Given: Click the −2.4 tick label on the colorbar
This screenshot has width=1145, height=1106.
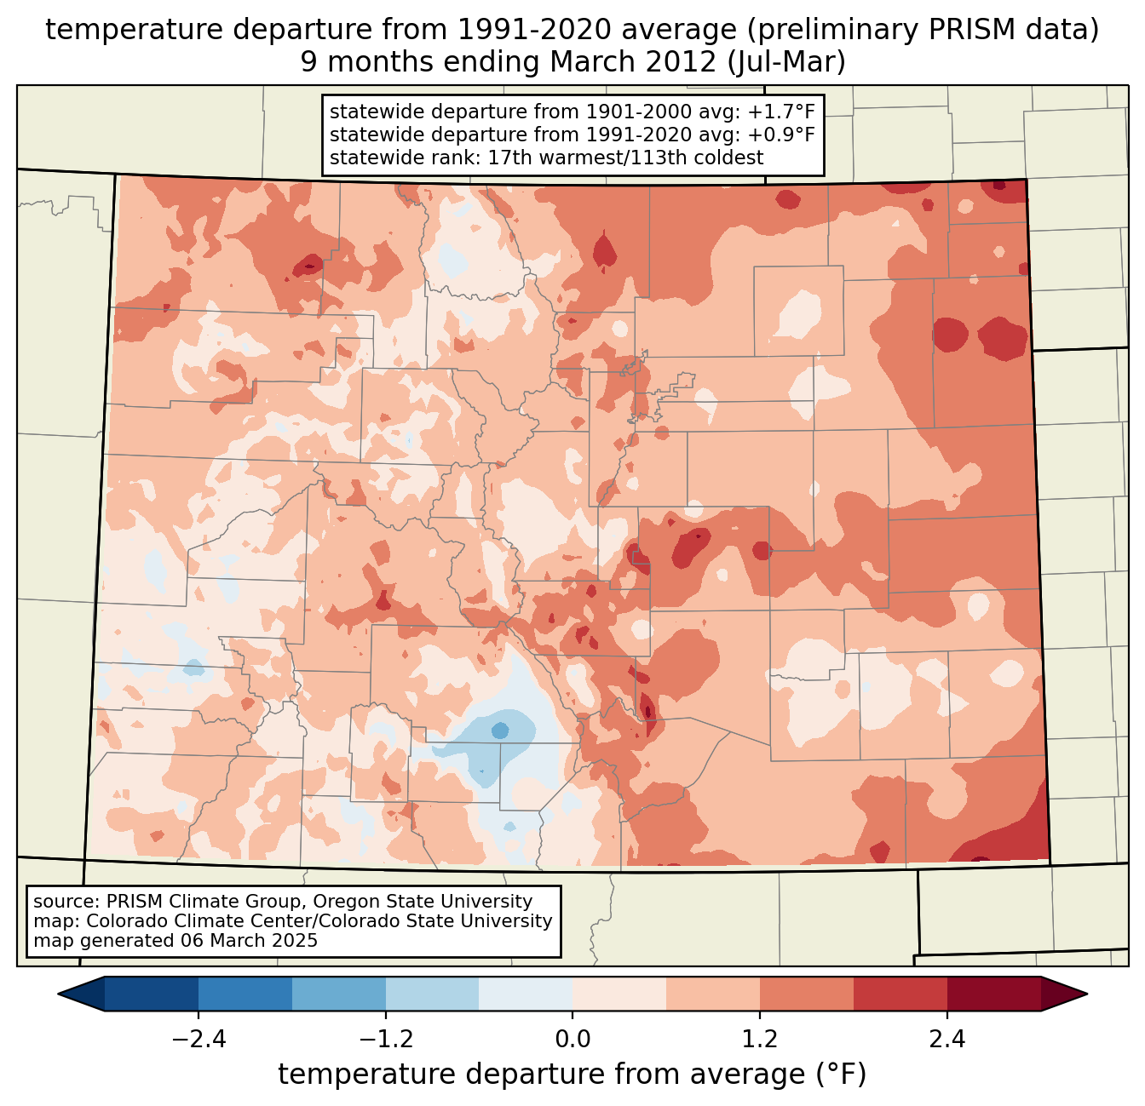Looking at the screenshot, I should coord(198,1040).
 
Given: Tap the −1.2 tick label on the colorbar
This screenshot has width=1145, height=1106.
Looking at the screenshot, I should coord(385,1040).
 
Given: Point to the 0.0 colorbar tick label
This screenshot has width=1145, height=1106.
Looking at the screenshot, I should coord(572,1040).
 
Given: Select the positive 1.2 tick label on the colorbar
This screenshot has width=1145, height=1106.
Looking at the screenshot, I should coord(760,1040).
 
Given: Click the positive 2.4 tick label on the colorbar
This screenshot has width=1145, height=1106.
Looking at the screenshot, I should coord(947,1040).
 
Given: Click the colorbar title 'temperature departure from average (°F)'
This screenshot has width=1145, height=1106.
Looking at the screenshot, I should coord(572,1074).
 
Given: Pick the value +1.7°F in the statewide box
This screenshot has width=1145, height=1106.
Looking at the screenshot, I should coord(781,112).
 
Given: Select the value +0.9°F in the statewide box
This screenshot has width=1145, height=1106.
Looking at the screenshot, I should coord(781,135).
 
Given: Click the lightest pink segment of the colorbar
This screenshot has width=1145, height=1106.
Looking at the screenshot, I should coord(619,994).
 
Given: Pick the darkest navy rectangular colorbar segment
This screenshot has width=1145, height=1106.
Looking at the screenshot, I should coord(152,994).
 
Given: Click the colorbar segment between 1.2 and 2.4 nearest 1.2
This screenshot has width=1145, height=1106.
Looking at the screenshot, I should coord(807,994).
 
